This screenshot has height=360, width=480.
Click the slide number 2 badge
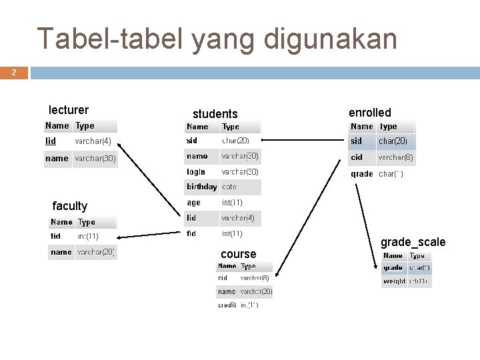click(14, 72)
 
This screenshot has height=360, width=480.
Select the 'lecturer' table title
click(69, 110)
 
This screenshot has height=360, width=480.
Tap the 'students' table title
click(215, 114)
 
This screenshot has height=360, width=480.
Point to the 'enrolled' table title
click(370, 113)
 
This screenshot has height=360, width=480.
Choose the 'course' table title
click(238, 254)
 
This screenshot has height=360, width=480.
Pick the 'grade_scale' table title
click(413, 242)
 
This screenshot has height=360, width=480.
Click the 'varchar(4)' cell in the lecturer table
click(93, 141)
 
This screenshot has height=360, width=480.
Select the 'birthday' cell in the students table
click(201, 187)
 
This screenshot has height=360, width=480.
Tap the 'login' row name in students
click(196, 172)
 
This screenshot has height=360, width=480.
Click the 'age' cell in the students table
click(193, 203)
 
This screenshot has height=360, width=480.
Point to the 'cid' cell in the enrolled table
click(357, 157)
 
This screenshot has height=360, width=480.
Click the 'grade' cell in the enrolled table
click(362, 174)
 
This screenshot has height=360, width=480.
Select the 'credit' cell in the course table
click(227, 305)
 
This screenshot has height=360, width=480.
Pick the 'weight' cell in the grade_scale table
click(394, 281)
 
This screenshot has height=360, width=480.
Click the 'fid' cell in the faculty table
click(56, 236)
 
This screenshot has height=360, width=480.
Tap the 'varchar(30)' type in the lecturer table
click(95, 159)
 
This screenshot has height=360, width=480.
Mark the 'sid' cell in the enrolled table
click(357, 141)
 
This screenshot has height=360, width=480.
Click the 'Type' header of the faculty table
click(87, 222)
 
